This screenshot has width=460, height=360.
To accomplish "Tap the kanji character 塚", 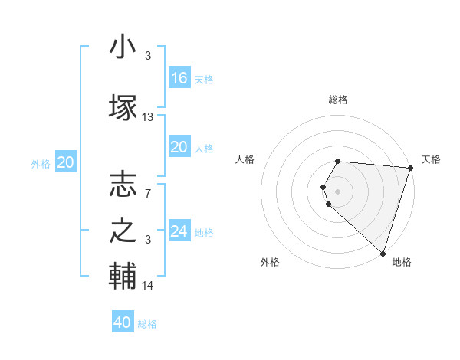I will pyautogui.click(x=123, y=105).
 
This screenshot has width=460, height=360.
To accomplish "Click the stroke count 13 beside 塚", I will pyautogui.click(x=148, y=117).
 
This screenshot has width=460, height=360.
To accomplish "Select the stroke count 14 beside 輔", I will pyautogui.click(x=148, y=286).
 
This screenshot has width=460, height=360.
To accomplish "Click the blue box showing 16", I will pyautogui.click(x=179, y=78).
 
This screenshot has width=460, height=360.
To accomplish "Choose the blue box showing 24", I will pyautogui.click(x=179, y=231).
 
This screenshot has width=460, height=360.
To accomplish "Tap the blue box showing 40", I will pyautogui.click(x=123, y=322).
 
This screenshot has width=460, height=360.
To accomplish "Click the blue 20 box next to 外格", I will pyautogui.click(x=66, y=162).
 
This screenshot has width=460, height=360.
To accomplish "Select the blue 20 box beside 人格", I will pyautogui.click(x=179, y=147).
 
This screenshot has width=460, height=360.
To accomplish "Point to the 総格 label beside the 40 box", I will pyautogui.click(x=147, y=324).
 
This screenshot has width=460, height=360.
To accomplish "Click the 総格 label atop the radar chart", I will pyautogui.click(x=338, y=100).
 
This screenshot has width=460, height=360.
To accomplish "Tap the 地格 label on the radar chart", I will pyautogui.click(x=402, y=262).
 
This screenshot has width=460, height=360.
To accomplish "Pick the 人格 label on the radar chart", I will pyautogui.click(x=245, y=159).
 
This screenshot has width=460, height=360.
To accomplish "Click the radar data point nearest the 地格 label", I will pyautogui.click(x=383, y=254).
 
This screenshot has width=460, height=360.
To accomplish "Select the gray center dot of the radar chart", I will pyautogui.click(x=338, y=191).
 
